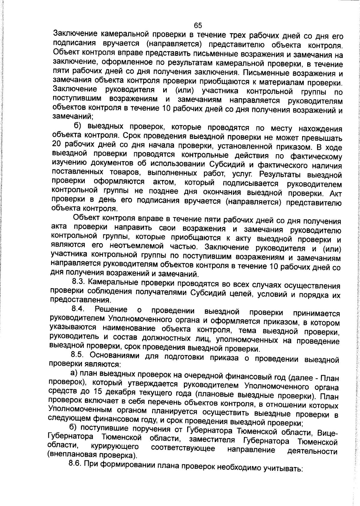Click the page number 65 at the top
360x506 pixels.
(198, 26)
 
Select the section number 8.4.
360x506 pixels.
(79, 309)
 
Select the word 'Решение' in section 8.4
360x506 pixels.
(111, 309)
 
